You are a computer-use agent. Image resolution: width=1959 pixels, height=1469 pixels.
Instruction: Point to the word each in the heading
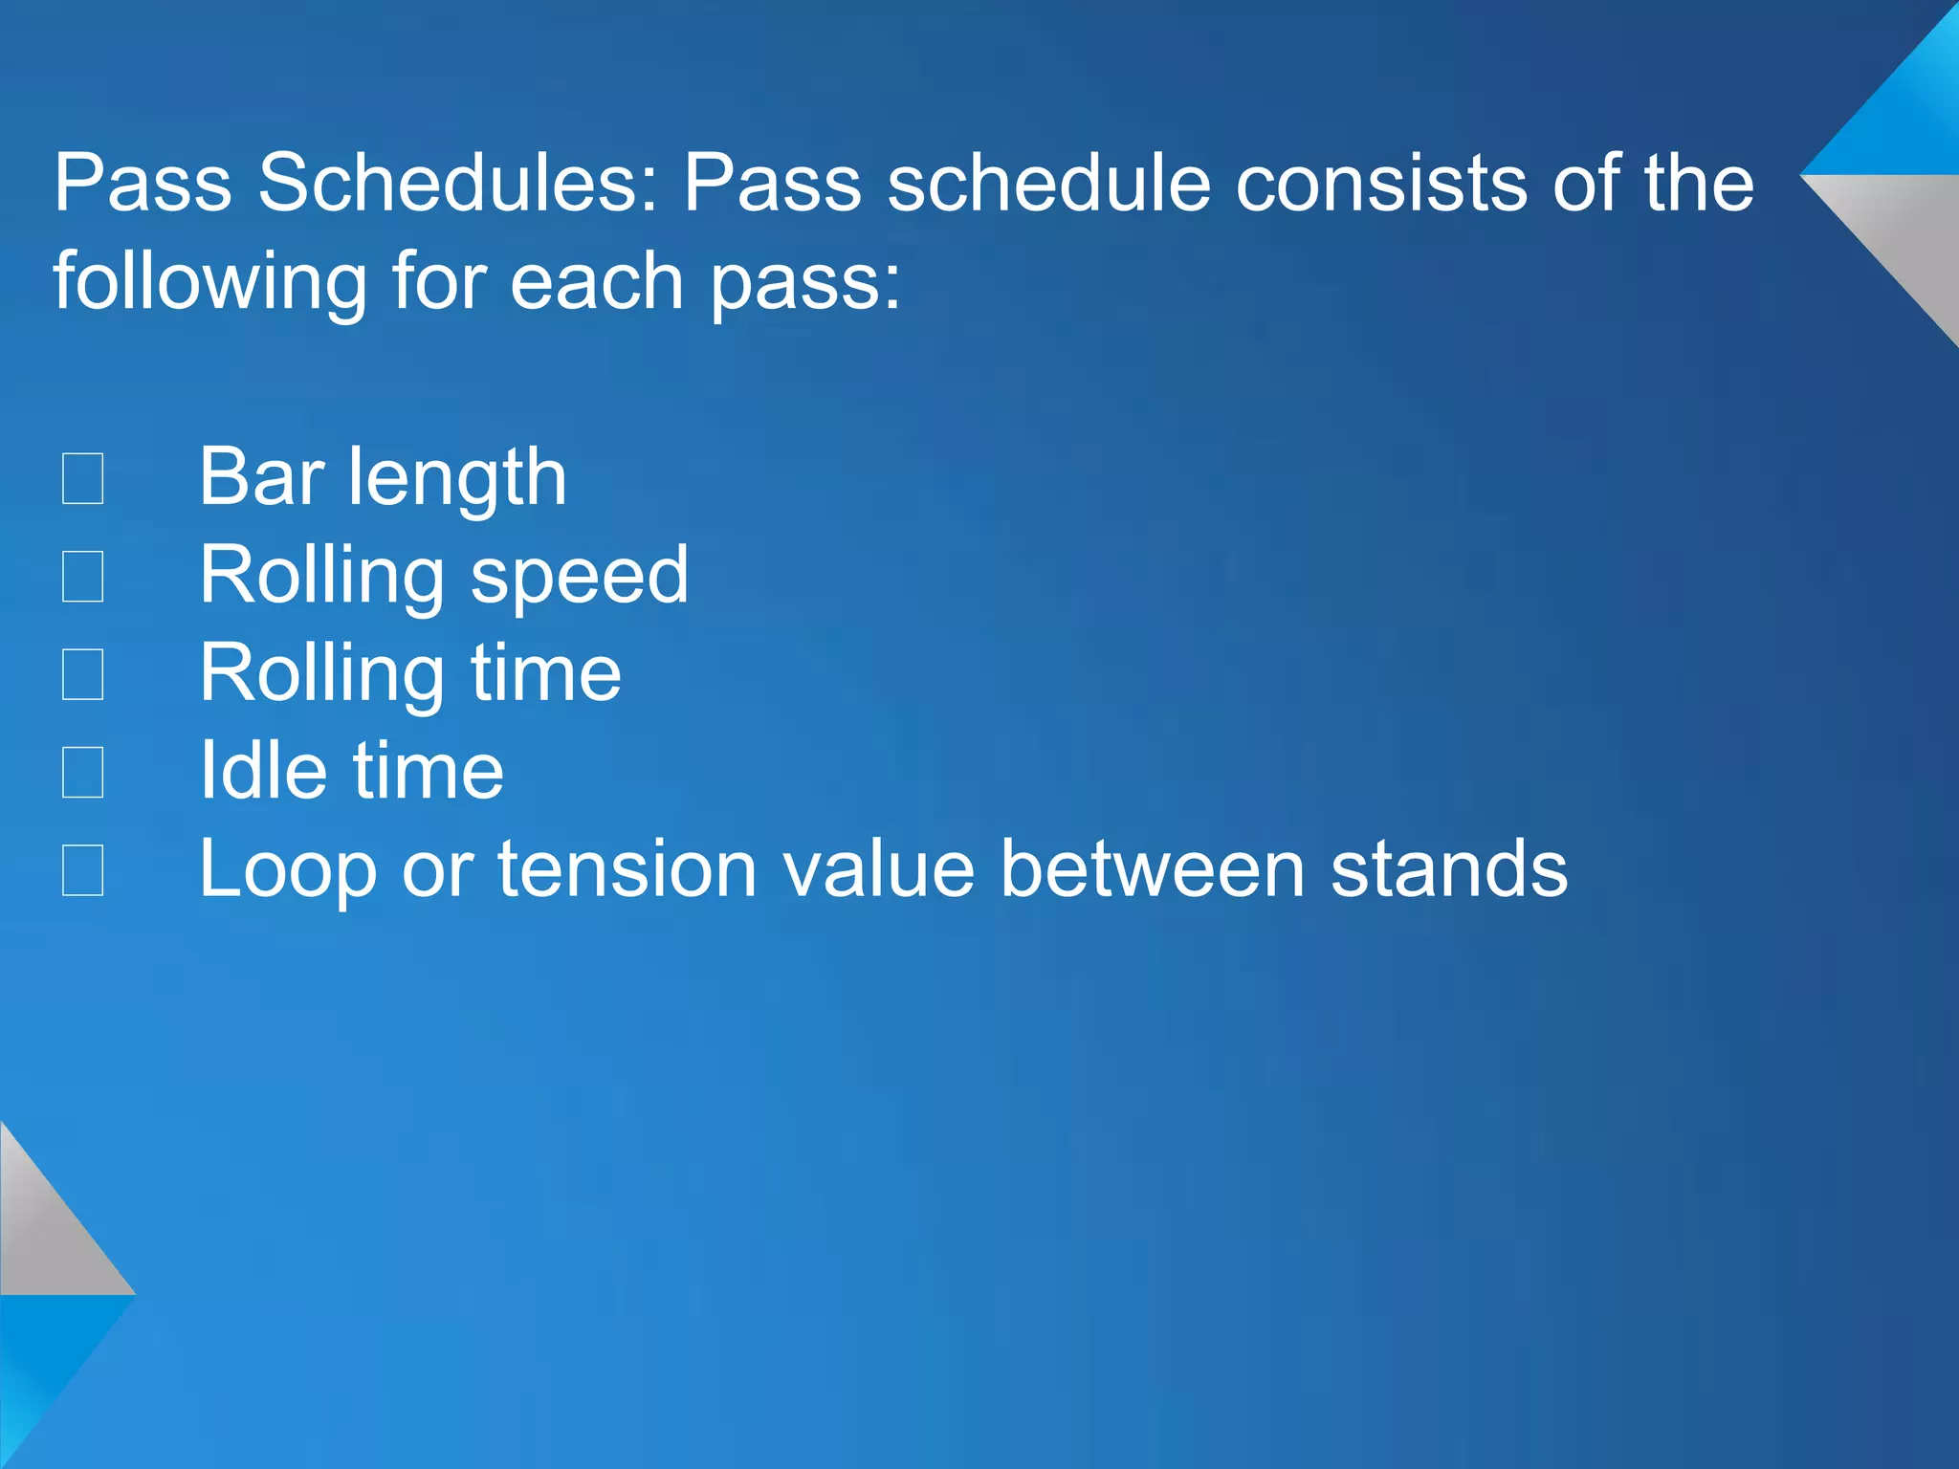(597, 281)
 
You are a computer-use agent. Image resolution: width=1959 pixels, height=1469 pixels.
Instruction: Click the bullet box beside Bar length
(83, 478)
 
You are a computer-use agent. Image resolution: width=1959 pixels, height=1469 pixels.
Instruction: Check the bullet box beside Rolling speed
(83, 577)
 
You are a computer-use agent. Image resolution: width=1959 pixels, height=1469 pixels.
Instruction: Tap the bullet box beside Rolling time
(83, 674)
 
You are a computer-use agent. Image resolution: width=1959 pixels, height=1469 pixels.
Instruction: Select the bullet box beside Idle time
(83, 772)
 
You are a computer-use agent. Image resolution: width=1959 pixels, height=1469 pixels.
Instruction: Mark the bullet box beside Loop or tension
(83, 870)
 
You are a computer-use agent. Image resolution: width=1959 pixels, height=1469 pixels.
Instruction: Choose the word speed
(580, 577)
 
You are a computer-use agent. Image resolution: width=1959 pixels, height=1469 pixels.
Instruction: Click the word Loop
(289, 870)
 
